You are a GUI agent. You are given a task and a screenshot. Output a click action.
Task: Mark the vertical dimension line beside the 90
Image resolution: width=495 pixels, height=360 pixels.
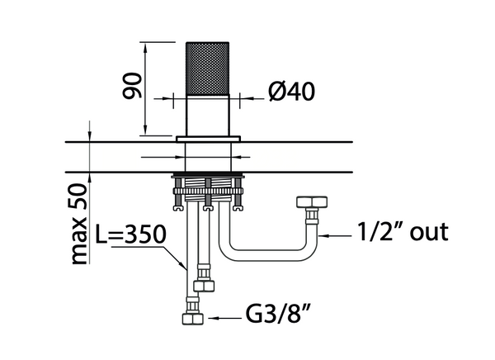[x=146, y=86]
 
